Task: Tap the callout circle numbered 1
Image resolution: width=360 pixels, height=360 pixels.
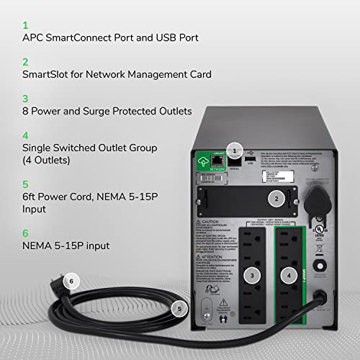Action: click(234, 150)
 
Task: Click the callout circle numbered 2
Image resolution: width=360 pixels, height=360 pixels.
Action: click(275, 197)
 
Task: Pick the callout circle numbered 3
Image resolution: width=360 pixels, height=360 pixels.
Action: click(251, 274)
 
